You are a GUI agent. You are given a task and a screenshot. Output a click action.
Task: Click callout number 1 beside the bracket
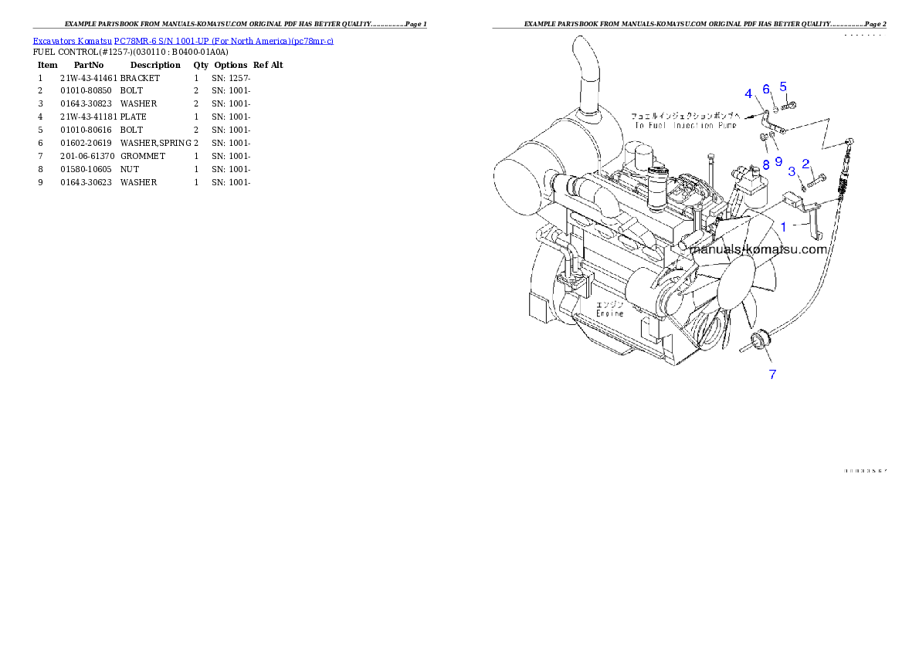[x=783, y=227]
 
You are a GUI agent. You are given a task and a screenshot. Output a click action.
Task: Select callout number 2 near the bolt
[x=805, y=164]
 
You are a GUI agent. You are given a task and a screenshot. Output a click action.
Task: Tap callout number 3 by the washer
[x=792, y=171]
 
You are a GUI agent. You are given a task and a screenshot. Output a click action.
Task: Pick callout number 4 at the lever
[x=748, y=94]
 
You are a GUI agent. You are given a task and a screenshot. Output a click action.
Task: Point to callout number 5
[x=782, y=86]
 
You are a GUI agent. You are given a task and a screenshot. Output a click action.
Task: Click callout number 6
[x=766, y=90]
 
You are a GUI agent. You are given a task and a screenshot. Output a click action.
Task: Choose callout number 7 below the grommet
[x=771, y=374]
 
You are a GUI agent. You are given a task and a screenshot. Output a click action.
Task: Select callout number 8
[x=765, y=164]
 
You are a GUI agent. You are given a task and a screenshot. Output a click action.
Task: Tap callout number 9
[x=778, y=161]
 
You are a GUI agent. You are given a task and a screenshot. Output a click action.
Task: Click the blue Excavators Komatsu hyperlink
[x=183, y=41]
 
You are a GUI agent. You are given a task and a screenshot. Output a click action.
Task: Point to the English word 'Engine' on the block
[x=609, y=313]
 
